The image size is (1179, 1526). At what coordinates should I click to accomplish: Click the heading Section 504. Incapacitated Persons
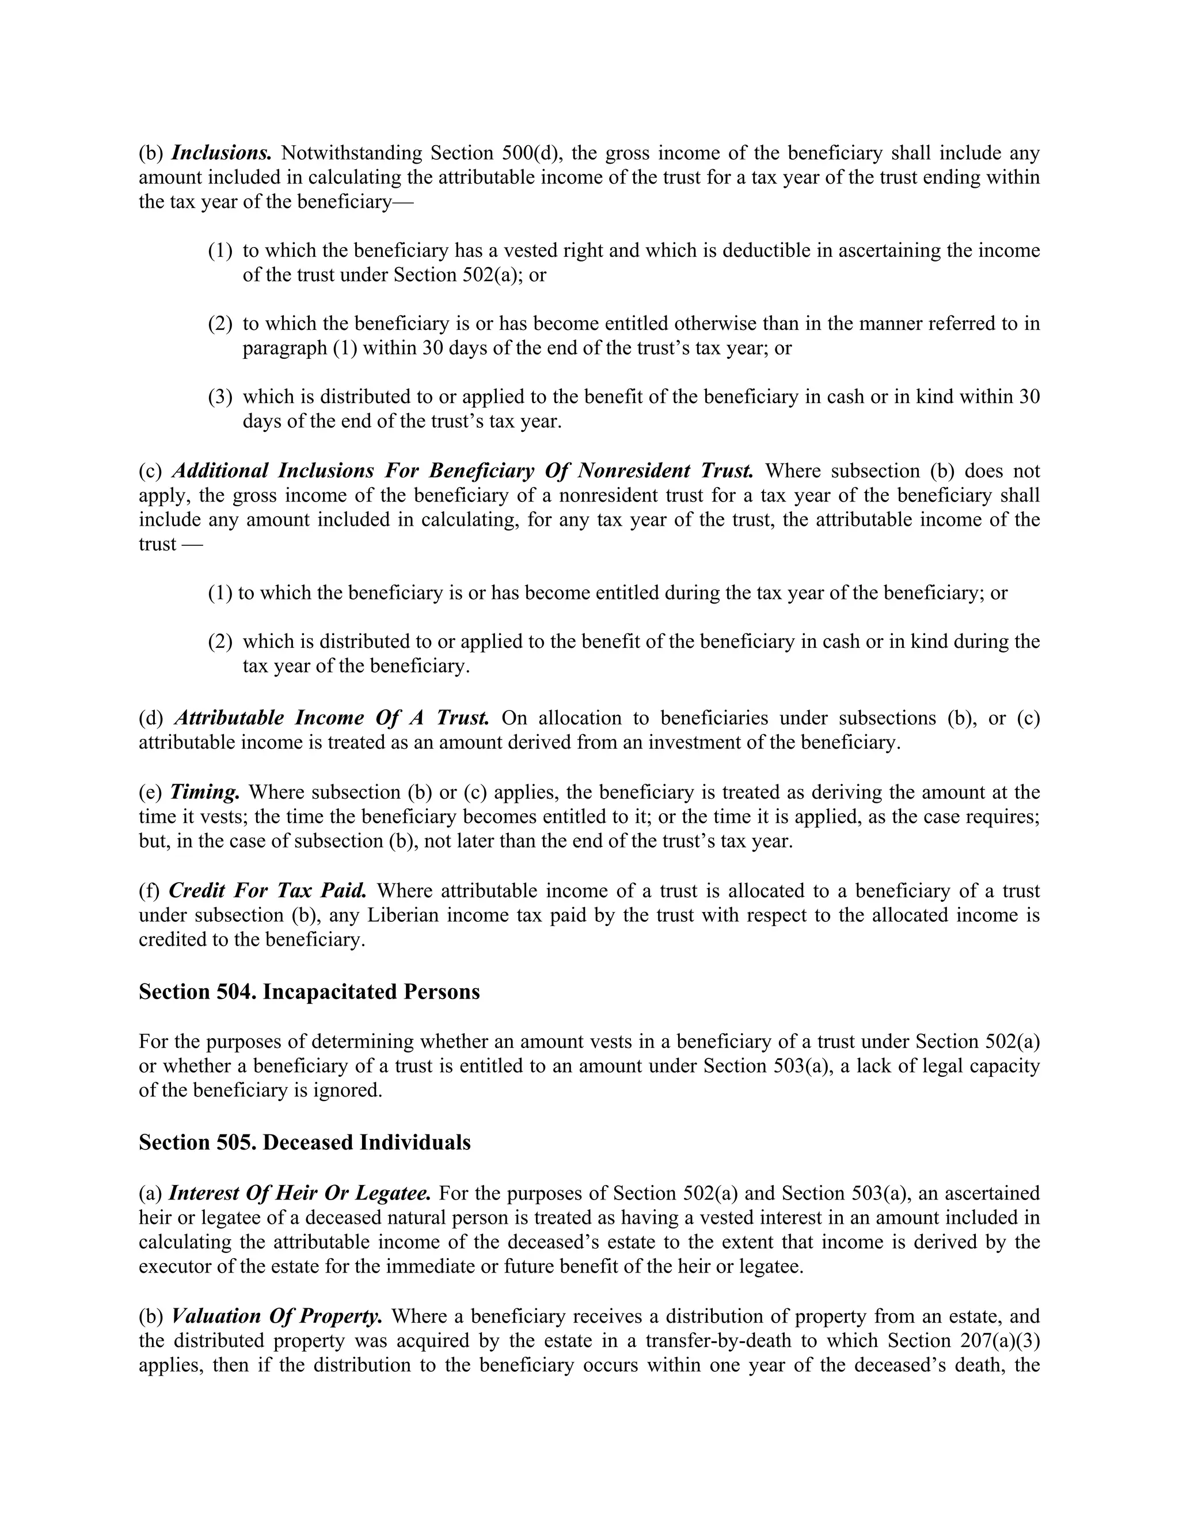click(309, 992)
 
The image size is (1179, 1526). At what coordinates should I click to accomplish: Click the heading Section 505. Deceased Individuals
click(305, 1142)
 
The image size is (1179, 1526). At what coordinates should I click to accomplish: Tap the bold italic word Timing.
click(204, 792)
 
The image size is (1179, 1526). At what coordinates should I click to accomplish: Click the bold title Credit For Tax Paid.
click(268, 891)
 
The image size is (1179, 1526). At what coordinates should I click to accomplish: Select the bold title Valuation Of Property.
click(276, 1316)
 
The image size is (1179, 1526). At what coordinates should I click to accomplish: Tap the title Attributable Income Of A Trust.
click(331, 718)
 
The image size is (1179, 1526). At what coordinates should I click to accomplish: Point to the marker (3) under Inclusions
click(220, 397)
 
